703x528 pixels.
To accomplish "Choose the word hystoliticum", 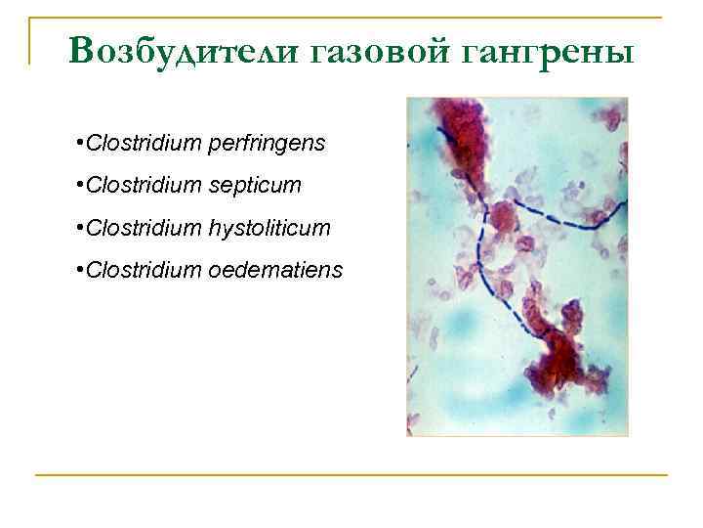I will pos(269,228).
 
